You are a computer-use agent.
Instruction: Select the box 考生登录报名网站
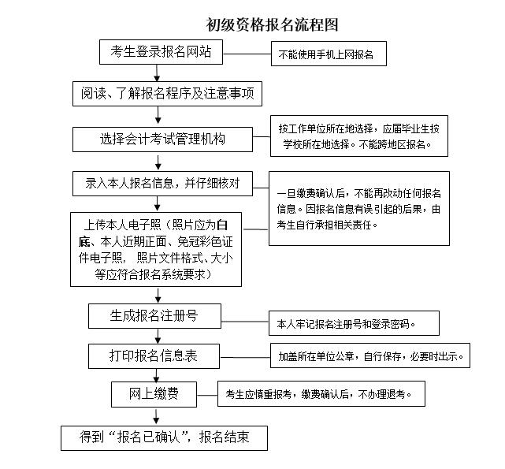click(160, 53)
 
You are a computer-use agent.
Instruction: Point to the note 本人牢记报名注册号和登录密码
click(347, 323)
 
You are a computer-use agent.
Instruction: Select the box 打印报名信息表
click(153, 355)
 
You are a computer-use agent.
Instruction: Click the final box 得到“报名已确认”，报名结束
click(164, 437)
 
